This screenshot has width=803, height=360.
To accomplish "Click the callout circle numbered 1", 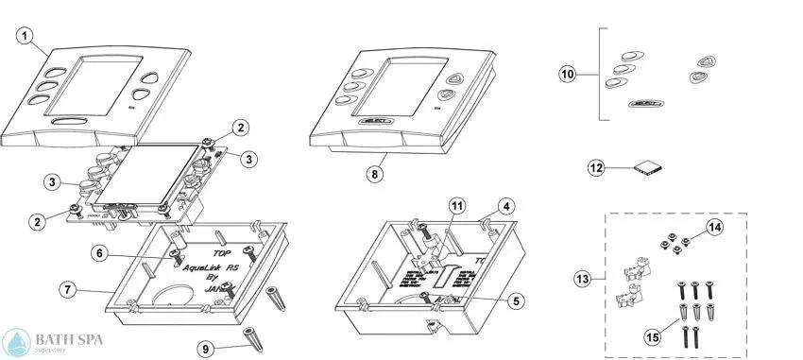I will [26, 37].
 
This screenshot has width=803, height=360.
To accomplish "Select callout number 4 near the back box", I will [507, 205].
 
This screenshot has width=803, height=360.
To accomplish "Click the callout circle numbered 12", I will [596, 168].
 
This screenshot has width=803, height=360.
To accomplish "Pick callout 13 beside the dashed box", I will [583, 279].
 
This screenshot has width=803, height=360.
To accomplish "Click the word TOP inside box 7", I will [220, 254].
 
